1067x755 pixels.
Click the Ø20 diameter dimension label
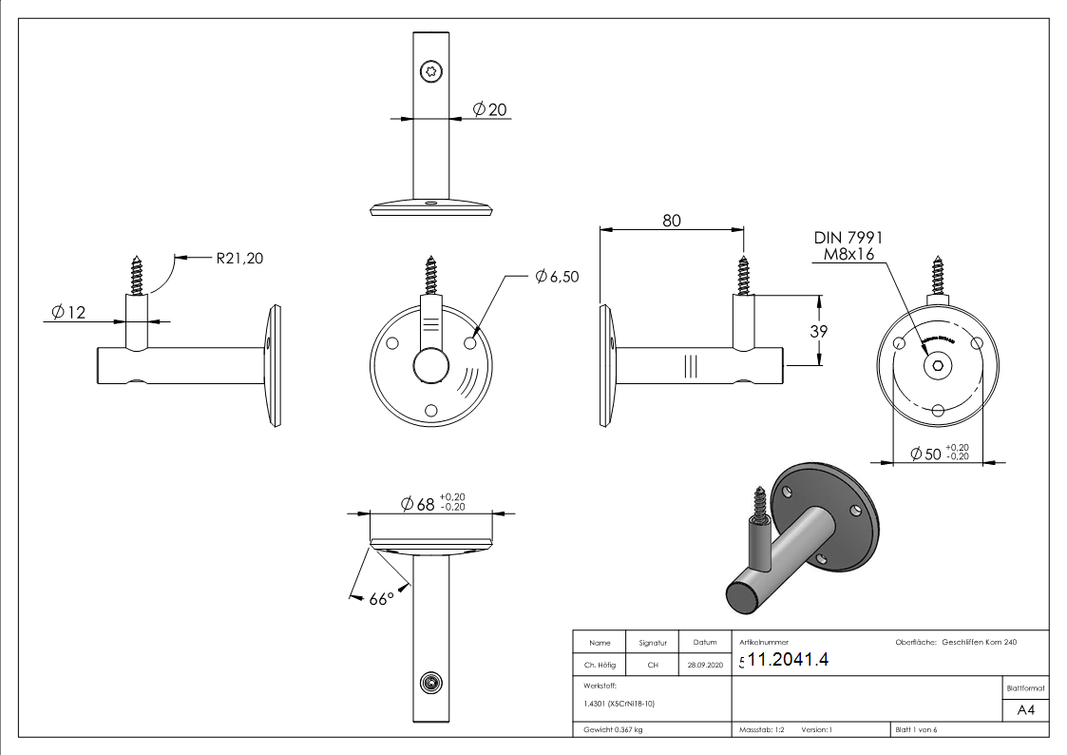tap(489, 110)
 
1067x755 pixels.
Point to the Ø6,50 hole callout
tap(556, 276)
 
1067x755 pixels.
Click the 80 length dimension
tap(672, 220)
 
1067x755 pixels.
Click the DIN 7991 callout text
tap(848, 238)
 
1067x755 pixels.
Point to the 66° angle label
tap(381, 600)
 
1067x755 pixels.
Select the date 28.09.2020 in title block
tap(704, 666)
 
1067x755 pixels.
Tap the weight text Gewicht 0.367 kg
tap(612, 729)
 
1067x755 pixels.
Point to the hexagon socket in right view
tap(938, 367)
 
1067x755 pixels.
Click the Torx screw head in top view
tap(430, 70)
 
